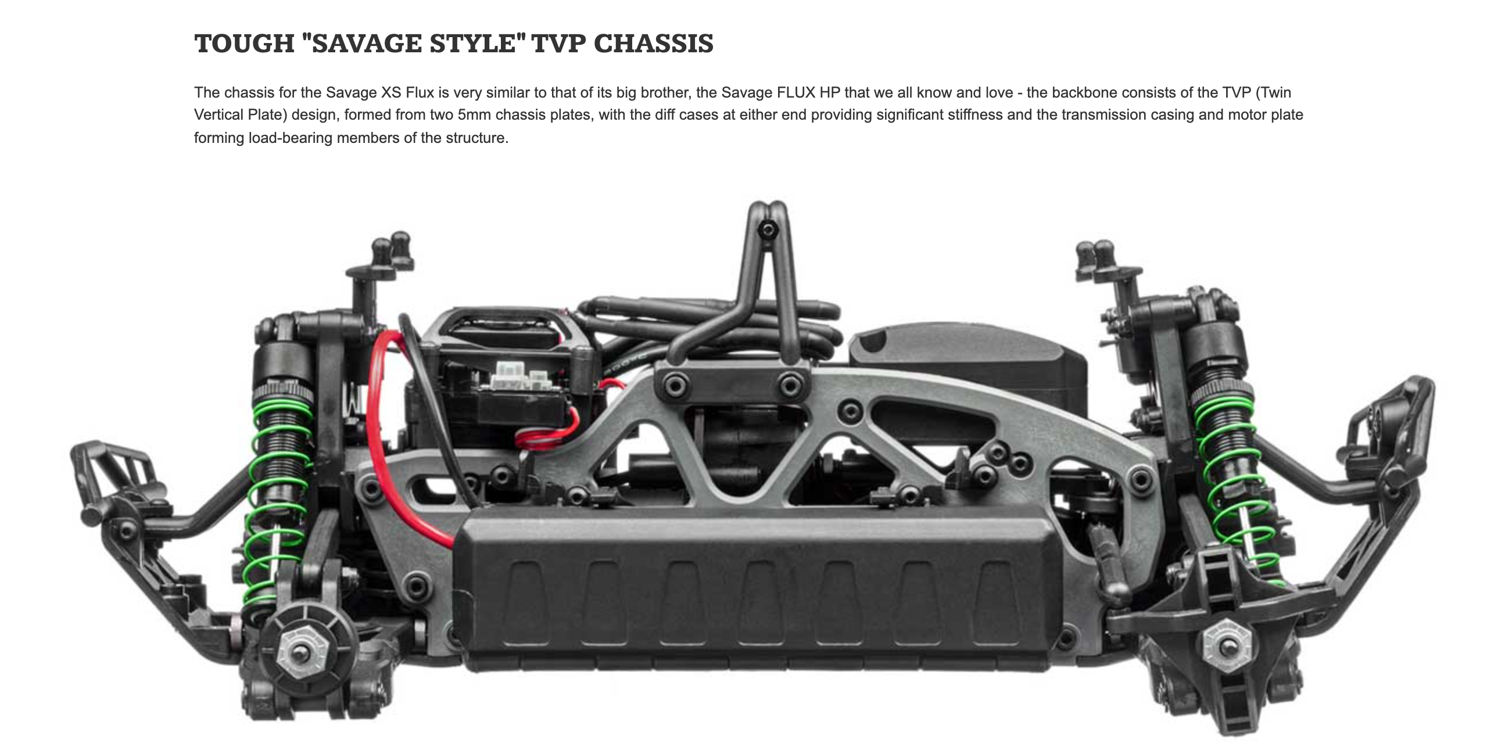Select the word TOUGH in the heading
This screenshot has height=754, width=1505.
point(244,44)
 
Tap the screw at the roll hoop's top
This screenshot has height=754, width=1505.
point(768,230)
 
